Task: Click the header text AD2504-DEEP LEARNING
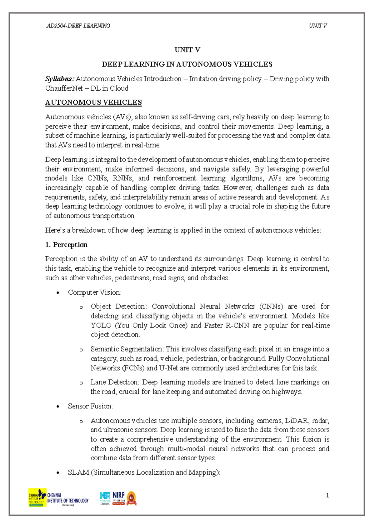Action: click(x=78, y=26)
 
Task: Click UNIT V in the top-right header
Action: click(x=318, y=26)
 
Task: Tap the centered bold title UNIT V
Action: click(x=187, y=50)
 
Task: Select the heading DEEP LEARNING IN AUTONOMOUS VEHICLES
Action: click(x=187, y=64)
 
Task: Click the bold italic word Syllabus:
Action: click(x=60, y=79)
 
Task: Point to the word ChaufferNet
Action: click(x=63, y=88)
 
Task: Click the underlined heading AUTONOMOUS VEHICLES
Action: click(x=93, y=102)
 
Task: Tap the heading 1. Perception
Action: click(x=66, y=245)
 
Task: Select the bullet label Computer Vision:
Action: click(x=95, y=292)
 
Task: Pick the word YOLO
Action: click(x=101, y=325)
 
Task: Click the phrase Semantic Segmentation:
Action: click(x=127, y=349)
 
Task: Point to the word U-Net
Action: click(x=168, y=368)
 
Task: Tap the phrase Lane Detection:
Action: click(x=115, y=382)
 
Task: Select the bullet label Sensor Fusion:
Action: click(x=90, y=406)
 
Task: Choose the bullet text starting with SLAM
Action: click(x=144, y=472)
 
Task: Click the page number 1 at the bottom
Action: click(x=327, y=495)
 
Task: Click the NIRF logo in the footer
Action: click(x=118, y=497)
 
